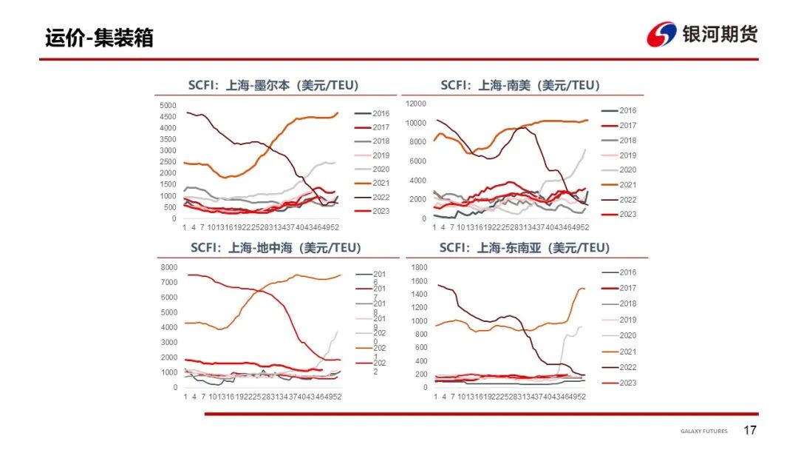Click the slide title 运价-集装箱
coord(99,38)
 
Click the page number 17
coord(750,431)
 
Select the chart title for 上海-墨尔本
coord(273,85)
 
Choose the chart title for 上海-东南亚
coord(524,247)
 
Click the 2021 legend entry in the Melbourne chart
coord(380,184)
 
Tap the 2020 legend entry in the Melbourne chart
coord(380,169)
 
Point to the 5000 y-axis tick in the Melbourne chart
coord(168,105)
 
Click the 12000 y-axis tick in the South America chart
coord(416,104)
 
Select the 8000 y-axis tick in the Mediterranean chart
coord(168,267)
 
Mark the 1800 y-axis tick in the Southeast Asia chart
coord(419,267)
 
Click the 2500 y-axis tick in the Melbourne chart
coord(168,162)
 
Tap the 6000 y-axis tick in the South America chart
coord(418,161)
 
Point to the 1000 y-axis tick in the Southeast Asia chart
coord(419,320)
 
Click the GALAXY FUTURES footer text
coord(703,431)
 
